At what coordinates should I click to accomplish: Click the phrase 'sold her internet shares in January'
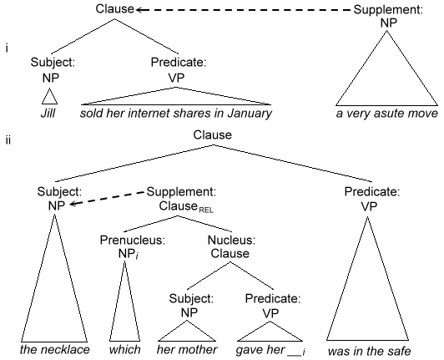click(x=177, y=111)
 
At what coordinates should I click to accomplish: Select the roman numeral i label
click(x=7, y=49)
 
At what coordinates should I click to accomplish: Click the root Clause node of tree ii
click(x=212, y=134)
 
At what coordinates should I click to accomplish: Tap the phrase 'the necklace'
click(x=55, y=350)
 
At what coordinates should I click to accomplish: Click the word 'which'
click(x=124, y=350)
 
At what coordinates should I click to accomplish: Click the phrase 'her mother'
click(x=187, y=350)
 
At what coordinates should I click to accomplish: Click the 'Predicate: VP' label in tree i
click(x=177, y=68)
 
